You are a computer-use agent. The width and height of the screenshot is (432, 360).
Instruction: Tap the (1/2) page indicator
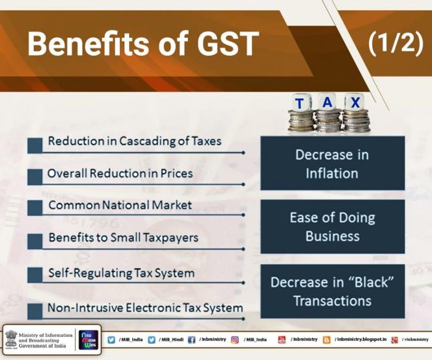point(395,43)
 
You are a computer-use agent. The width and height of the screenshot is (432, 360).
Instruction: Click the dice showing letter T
point(301,102)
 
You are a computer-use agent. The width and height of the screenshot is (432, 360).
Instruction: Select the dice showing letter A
point(328,100)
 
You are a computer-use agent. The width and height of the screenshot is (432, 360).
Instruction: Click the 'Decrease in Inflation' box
point(332,164)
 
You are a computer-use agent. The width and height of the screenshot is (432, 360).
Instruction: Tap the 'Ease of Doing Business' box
point(332,227)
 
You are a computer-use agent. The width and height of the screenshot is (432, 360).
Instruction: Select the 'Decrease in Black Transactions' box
point(332,291)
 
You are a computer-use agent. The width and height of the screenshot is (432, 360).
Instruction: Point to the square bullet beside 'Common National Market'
point(35,208)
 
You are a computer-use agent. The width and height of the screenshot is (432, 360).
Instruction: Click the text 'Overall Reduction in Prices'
point(120,173)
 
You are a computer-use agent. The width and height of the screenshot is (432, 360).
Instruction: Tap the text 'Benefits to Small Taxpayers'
point(123,237)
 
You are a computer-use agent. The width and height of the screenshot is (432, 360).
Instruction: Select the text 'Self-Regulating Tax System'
point(121,273)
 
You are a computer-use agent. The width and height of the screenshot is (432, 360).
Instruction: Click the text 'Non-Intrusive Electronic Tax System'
point(145,308)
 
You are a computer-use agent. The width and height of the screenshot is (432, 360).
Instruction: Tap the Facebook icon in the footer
point(191,340)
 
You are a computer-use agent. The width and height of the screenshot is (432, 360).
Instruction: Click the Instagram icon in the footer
point(235,340)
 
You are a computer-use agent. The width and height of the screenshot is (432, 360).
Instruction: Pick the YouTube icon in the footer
point(282,340)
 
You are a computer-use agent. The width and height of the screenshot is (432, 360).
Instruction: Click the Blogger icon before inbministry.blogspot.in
point(326,340)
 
